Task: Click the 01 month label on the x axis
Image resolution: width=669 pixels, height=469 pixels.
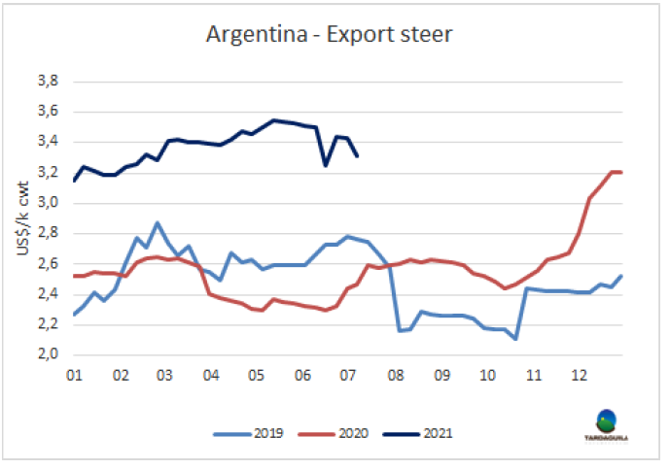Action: click(73, 374)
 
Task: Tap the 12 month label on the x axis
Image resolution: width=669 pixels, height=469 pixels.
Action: click(580, 374)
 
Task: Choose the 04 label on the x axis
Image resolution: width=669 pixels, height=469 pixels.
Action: click(211, 374)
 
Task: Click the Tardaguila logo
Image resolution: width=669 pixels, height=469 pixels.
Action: click(606, 424)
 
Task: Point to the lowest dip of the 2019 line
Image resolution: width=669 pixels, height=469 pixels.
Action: click(514, 339)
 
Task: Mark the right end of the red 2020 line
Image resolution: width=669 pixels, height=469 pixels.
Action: click(621, 172)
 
